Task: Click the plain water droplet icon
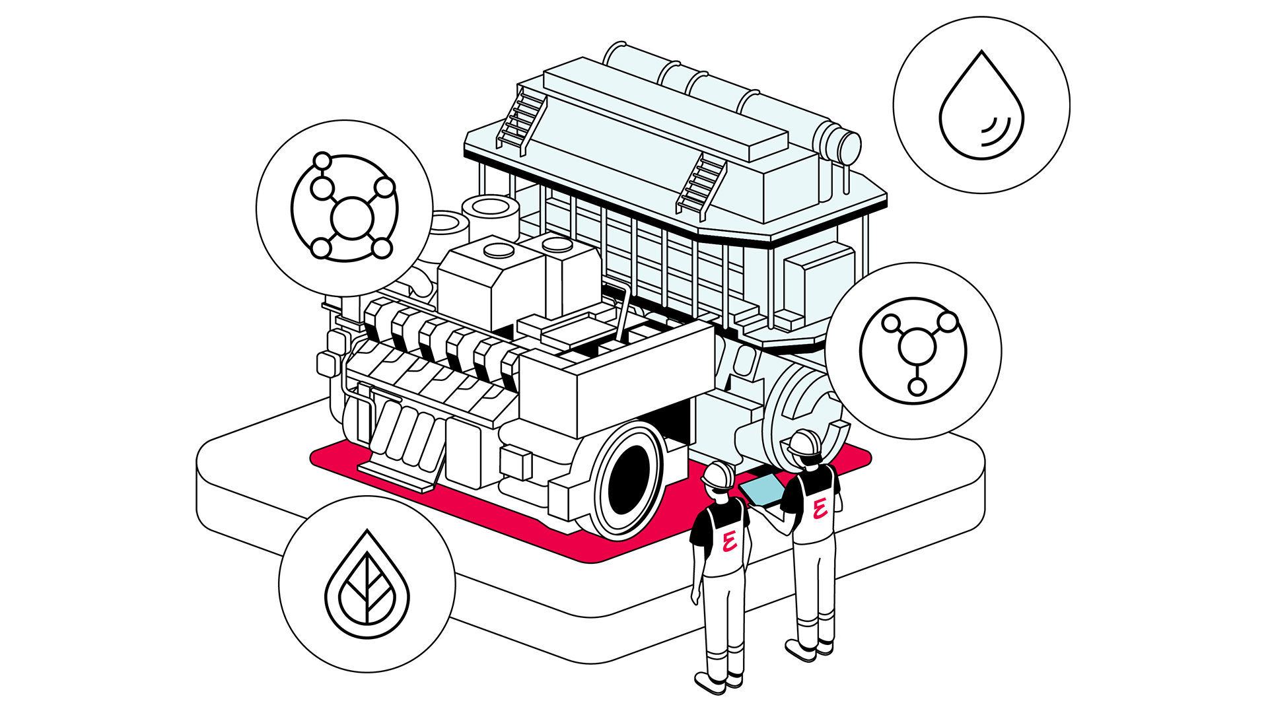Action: tap(981, 106)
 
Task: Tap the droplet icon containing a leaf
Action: tap(367, 584)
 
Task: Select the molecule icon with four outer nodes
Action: tap(345, 209)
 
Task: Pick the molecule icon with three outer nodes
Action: tap(913, 351)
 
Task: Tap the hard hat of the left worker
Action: tap(719, 473)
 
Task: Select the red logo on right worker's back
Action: tap(820, 507)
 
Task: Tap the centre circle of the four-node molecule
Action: tap(351, 217)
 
